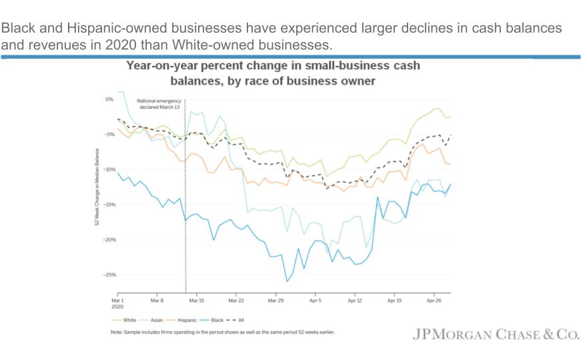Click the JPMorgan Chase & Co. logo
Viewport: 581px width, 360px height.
click(494, 335)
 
